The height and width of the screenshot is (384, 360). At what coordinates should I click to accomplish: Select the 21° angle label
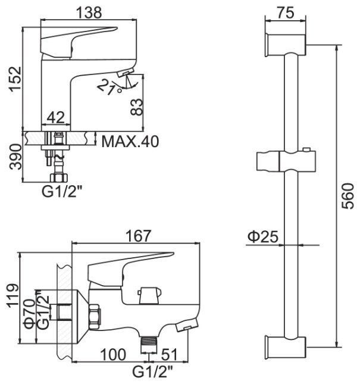coord(109,87)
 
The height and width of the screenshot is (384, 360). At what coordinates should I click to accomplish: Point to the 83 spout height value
coord(136,107)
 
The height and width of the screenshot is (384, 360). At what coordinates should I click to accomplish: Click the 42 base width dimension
coord(56,117)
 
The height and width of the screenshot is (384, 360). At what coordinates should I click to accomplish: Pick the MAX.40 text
coord(130,141)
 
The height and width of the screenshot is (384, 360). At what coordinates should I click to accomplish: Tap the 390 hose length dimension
coord(15,157)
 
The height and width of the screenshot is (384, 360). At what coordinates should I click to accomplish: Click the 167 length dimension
coord(138,236)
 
